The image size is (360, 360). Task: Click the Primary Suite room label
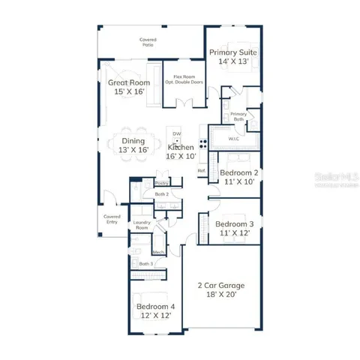click(x=233, y=58)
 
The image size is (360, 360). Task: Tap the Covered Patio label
click(x=148, y=43)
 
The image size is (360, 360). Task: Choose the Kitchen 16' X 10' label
click(x=181, y=152)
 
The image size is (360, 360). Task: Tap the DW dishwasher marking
click(x=177, y=134)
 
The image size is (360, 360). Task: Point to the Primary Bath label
click(x=238, y=116)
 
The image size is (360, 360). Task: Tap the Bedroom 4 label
click(x=154, y=310)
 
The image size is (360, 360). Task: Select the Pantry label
click(x=161, y=183)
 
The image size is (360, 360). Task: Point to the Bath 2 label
click(x=161, y=194)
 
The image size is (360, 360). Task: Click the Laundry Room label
click(x=142, y=226)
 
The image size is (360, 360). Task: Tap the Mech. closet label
click(x=159, y=252)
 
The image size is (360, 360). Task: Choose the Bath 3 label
click(x=145, y=263)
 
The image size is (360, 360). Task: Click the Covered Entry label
click(x=112, y=219)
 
